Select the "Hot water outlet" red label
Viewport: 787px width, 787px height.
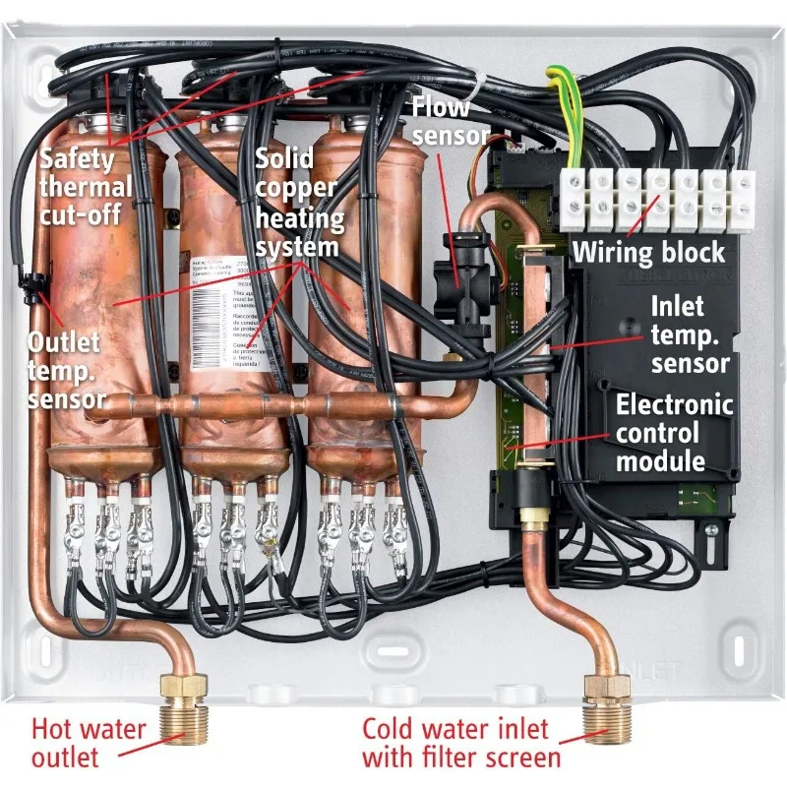pos(89,744)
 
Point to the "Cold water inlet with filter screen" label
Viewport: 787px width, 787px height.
pos(461,744)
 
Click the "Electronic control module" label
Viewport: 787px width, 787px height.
pos(675,432)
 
